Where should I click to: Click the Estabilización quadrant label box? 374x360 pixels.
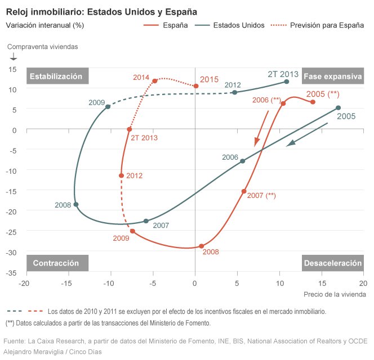pos(56,76)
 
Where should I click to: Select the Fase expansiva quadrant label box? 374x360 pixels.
pos(332,76)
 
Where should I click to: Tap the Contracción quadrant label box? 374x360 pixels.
pos(56,263)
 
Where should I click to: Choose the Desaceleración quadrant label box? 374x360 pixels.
pos(332,263)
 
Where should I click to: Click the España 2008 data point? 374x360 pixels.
pos(202,246)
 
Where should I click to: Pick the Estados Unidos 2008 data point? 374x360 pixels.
pos(76,205)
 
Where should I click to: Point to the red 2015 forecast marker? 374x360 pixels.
pos(195,86)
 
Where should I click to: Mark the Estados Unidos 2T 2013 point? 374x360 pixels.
pos(287,82)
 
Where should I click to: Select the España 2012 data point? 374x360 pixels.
pos(121,175)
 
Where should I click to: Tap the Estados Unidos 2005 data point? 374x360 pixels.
pos(338,107)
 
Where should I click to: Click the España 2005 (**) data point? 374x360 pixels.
pos(313,102)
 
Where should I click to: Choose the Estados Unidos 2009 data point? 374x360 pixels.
pos(108,107)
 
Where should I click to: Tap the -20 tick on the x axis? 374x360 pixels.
pos(24,283)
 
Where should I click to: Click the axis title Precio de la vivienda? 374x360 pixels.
pos(335,294)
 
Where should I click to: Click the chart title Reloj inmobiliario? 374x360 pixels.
pos(101,11)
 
